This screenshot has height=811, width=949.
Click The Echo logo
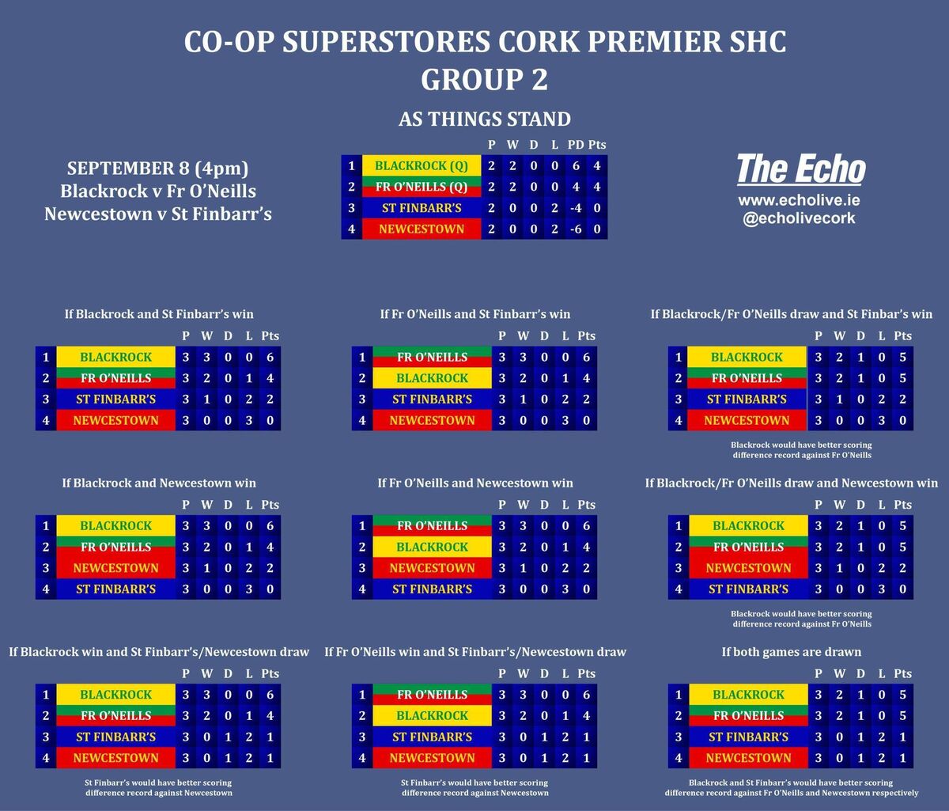[x=800, y=170]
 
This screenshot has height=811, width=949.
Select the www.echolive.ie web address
[x=796, y=200]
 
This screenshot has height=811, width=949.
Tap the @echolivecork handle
[x=796, y=218]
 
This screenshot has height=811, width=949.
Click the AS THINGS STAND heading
[x=485, y=119]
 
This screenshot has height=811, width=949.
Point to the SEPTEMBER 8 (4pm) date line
[x=158, y=169]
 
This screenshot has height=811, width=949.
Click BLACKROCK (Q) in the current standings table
[x=422, y=166]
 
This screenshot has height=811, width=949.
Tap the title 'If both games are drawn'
[x=791, y=652]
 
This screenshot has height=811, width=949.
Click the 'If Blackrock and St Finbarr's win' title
[x=159, y=314]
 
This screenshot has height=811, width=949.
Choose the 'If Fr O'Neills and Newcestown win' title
[x=475, y=483]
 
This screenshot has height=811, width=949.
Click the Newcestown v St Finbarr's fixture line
[x=158, y=214]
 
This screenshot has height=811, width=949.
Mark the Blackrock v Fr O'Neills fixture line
[x=158, y=191]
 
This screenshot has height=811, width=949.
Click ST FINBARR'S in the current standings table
[x=422, y=208]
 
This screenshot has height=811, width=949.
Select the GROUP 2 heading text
[x=485, y=80]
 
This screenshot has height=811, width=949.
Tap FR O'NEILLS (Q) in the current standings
[x=422, y=188]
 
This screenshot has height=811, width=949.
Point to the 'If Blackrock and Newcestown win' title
[x=159, y=483]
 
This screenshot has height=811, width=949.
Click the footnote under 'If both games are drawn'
[x=791, y=788]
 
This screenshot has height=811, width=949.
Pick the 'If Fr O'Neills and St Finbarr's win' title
[x=475, y=314]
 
